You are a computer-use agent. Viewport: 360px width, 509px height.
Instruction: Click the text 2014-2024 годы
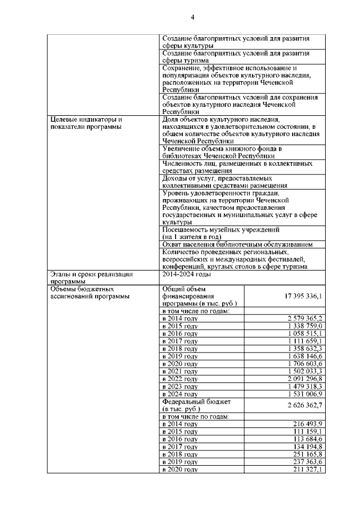coord(186,274)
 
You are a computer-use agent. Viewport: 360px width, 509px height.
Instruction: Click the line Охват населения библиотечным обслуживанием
coord(237,245)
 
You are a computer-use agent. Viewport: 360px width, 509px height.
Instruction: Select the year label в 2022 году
coord(179,379)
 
